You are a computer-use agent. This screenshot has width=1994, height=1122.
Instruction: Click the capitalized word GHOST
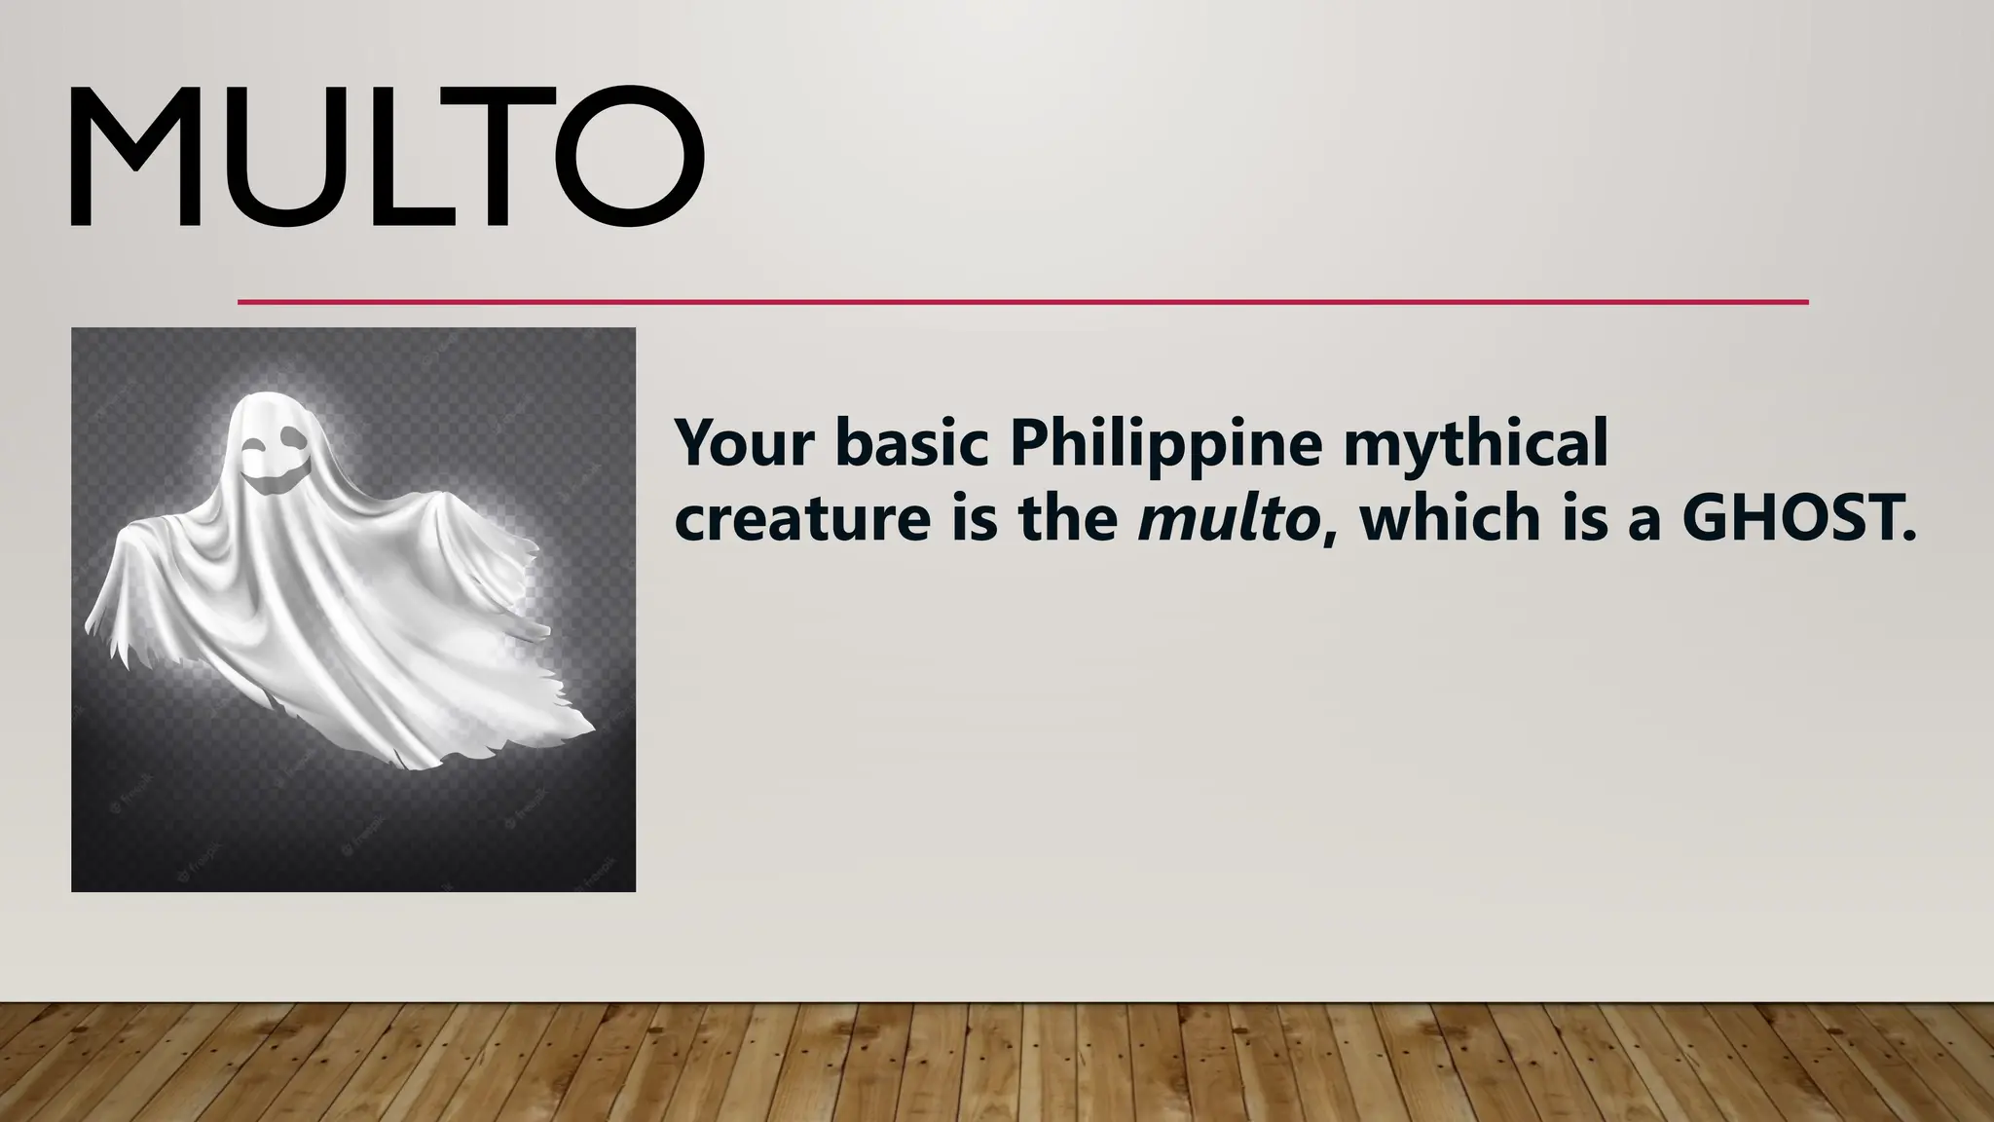click(1797, 519)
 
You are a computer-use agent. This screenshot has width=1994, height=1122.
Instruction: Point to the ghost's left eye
click(255, 447)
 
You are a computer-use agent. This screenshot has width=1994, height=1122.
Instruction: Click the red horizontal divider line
click(1022, 302)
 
